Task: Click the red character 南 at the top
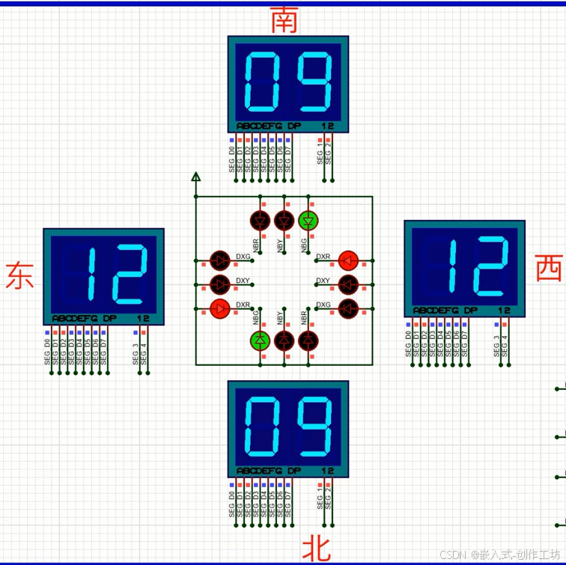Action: point(284,20)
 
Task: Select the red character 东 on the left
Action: point(19,275)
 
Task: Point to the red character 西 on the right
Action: point(549,268)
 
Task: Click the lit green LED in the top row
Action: point(308,220)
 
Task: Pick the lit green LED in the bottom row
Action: point(260,340)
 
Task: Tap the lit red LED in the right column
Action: point(347,260)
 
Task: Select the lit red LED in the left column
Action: point(220,308)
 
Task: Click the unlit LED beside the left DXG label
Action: point(220,260)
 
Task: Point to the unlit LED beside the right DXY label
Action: point(347,284)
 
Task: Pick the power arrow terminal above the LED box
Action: point(196,177)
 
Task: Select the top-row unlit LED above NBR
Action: point(260,220)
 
